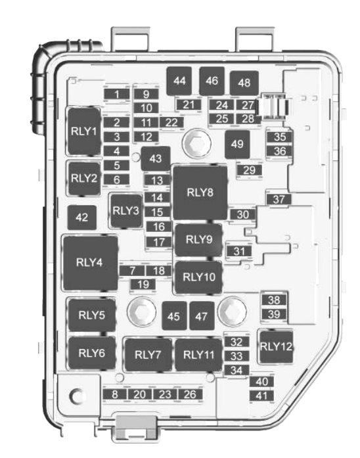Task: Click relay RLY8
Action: tap(200, 193)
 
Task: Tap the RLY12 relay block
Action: tap(276, 347)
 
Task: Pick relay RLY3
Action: tap(126, 210)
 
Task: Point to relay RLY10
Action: tap(199, 277)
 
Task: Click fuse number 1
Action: tap(117, 94)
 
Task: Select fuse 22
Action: tap(171, 122)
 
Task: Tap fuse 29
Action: tap(250, 170)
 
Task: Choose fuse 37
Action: tap(279, 200)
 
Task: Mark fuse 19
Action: tap(143, 285)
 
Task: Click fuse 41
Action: tap(261, 396)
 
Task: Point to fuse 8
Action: tap(115, 394)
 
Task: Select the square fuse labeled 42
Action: tap(82, 218)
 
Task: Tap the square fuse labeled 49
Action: tap(237, 145)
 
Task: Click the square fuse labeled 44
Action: tap(179, 81)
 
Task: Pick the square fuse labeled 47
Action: tap(202, 316)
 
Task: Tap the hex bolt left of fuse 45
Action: tap(142, 311)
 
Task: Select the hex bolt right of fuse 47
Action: tap(233, 311)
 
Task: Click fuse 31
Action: tap(239, 251)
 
